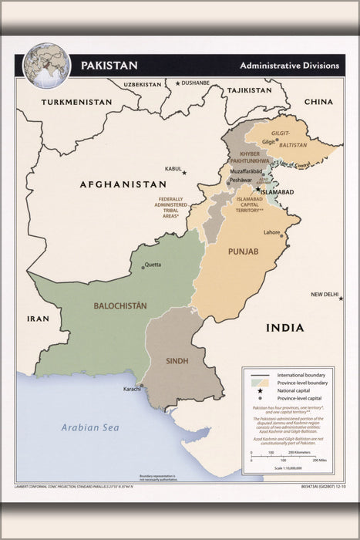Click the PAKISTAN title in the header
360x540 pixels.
click(110, 65)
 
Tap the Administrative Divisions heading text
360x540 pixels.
click(289, 66)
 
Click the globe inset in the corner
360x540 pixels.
click(46, 66)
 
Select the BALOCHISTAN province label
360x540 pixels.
click(120, 305)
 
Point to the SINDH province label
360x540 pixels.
click(177, 360)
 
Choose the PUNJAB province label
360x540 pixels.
click(242, 252)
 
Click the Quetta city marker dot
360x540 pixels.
click(142, 267)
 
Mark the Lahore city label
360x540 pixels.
click(271, 232)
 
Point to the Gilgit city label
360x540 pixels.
click(268, 142)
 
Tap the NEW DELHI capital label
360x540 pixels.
click(325, 295)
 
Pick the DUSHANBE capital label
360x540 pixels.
click(195, 83)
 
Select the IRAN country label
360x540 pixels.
click(37, 318)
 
